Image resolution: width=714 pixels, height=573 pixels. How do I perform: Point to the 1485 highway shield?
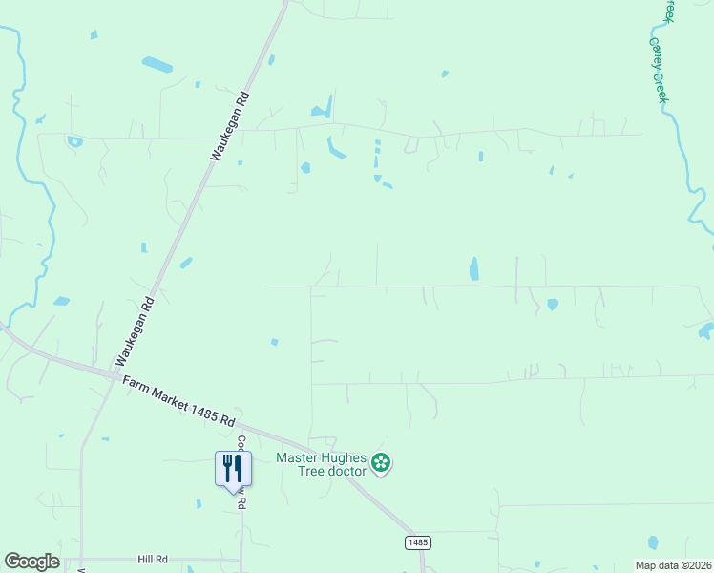417,542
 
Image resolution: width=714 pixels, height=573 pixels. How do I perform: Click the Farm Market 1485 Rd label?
178,400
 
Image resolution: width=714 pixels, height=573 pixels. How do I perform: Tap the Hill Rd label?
153,559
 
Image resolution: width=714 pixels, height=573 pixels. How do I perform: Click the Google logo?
31,562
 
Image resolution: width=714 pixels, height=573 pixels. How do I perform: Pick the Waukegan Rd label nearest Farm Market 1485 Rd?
135,330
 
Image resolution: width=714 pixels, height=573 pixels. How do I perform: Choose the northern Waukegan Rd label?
230,125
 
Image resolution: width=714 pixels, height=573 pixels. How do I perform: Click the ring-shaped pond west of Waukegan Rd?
74,142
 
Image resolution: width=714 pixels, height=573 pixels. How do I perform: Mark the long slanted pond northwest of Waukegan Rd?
157,65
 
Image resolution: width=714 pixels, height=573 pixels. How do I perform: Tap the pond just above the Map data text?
653,542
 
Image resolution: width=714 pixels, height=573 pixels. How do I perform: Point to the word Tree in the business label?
289,472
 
